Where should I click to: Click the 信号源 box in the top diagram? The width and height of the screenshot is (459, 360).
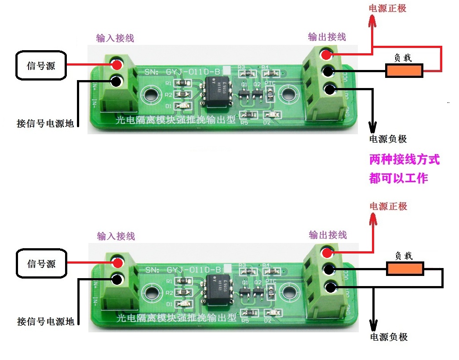41,66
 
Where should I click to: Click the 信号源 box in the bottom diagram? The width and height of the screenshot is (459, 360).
41,264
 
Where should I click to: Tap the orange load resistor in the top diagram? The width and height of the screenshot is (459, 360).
404,70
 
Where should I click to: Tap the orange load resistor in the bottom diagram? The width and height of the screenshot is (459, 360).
405,268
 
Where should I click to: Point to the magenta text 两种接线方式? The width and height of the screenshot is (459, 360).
404,159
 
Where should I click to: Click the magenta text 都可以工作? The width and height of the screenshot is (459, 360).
398,178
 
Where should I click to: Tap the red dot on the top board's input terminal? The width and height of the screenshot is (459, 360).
117,65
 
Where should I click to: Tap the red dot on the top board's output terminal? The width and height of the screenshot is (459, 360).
326,55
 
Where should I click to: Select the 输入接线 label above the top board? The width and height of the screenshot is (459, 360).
115,38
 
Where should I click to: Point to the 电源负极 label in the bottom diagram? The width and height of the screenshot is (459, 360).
389,337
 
